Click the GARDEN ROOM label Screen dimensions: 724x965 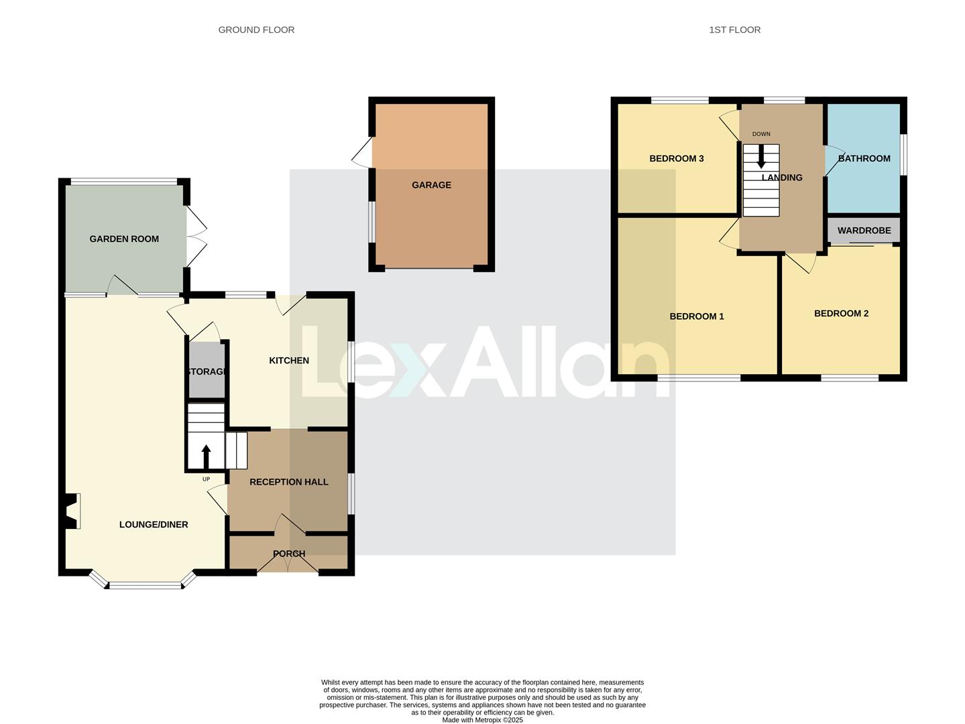124,239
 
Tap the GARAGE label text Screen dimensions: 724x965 431,185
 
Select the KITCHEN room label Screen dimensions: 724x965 289,361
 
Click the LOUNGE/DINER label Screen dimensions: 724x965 154,524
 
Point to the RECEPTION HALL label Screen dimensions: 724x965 289,482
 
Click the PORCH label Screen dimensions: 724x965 289,554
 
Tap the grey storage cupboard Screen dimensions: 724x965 206,370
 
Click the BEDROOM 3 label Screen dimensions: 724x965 677,159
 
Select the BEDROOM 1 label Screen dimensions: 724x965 697,316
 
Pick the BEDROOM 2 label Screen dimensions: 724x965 841,313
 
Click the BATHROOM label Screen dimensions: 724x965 864,159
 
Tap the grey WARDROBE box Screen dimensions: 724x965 864,230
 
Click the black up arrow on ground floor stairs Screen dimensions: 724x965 206,457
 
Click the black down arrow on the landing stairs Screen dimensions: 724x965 761,156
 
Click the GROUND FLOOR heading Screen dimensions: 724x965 256,29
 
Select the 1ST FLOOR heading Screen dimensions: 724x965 734,29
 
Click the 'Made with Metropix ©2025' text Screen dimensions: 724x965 482,720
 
